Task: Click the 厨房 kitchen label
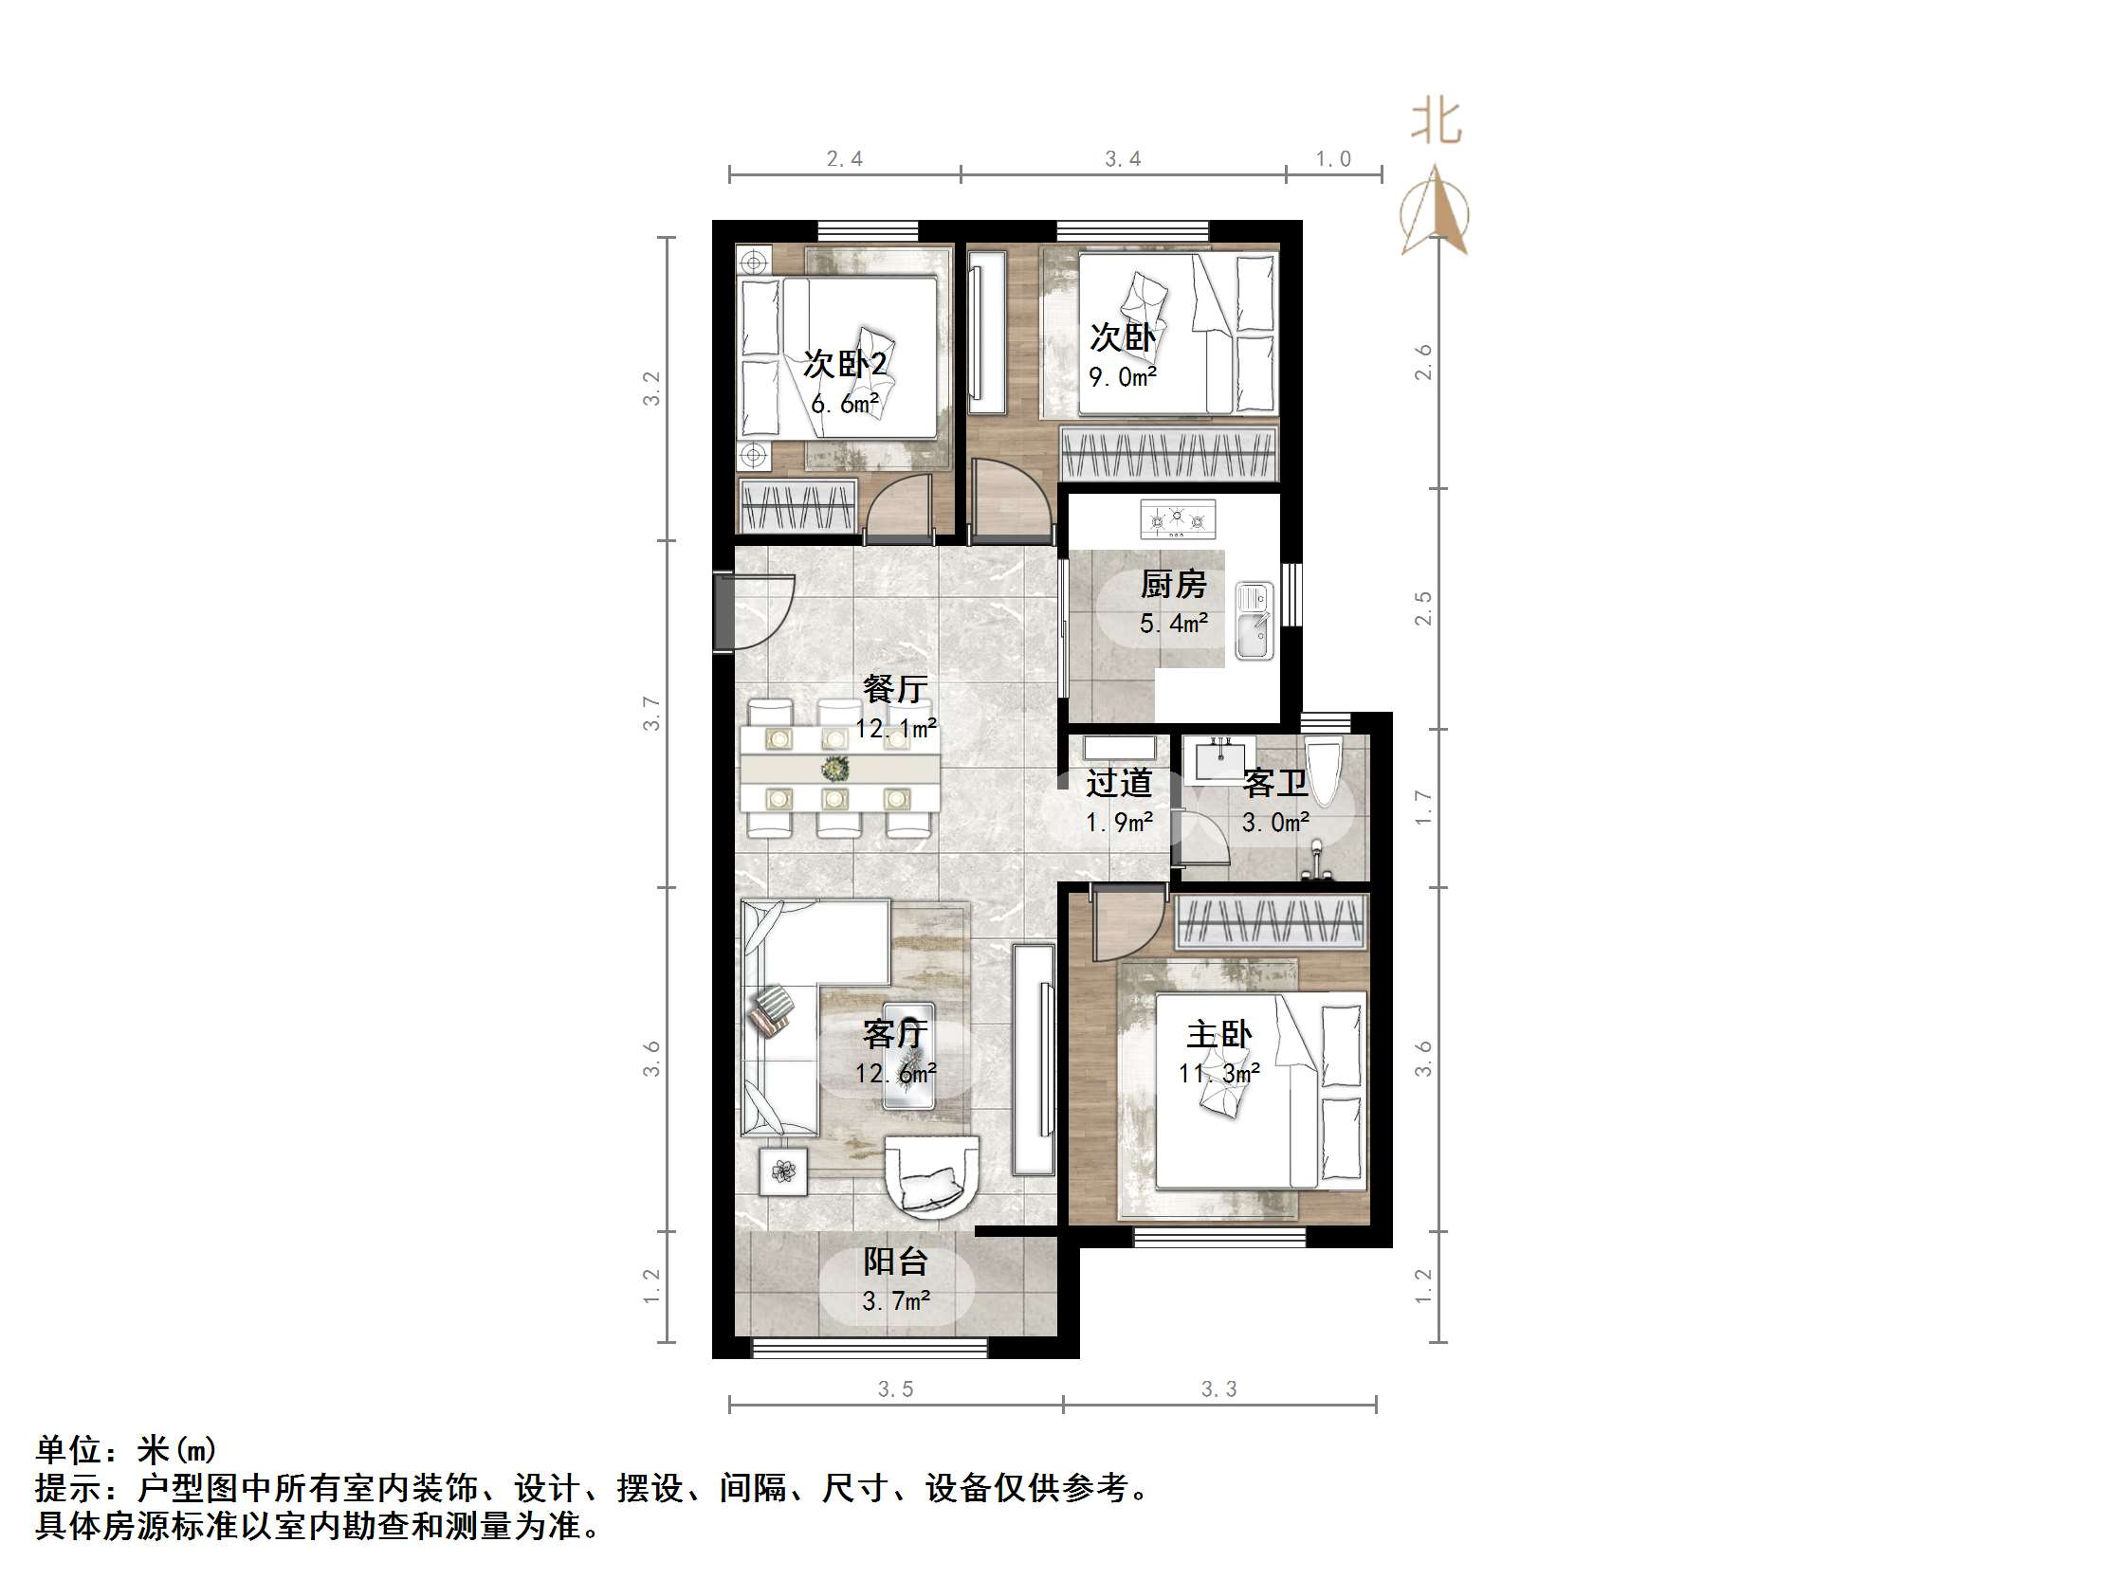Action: point(1173,585)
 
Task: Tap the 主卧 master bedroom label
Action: point(1218,1035)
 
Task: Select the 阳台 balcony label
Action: point(895,1262)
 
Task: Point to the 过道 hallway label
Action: point(1119,783)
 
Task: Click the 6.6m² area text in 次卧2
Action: point(845,404)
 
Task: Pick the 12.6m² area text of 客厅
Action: point(895,1074)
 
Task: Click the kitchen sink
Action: point(1254,621)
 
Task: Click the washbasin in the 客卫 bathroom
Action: point(1219,759)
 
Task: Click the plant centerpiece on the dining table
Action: point(836,767)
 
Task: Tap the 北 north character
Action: point(1436,123)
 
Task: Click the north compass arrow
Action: point(1435,211)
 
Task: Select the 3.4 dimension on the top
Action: point(1123,159)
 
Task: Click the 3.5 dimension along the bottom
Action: point(895,1388)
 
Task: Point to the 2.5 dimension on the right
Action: point(1423,608)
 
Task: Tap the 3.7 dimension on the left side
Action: point(651,713)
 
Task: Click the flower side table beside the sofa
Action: point(782,1171)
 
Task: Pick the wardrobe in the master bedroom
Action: point(1271,922)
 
